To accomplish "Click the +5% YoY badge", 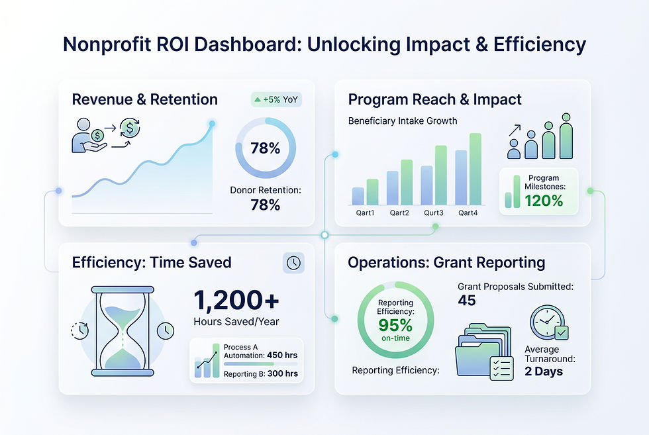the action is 277,100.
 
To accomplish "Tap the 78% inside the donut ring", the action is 266,148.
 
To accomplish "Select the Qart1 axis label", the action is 365,213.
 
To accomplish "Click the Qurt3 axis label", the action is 433,213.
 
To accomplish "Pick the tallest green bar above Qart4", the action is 475,169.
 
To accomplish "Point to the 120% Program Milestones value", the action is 544,201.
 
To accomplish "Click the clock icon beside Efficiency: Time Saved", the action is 293,263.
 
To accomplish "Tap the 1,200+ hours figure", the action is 236,300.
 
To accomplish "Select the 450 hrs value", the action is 282,355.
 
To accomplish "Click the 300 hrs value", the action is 283,373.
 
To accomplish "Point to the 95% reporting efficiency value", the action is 395,325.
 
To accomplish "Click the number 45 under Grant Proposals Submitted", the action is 467,300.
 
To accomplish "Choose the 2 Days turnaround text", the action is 544,371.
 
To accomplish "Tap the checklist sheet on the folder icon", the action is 502,368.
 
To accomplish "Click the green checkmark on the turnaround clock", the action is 562,332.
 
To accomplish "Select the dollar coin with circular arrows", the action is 130,128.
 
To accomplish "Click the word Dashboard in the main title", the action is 248,44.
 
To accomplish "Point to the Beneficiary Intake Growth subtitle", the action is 403,121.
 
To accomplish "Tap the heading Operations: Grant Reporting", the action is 446,262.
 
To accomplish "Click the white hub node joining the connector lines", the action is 325,235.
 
